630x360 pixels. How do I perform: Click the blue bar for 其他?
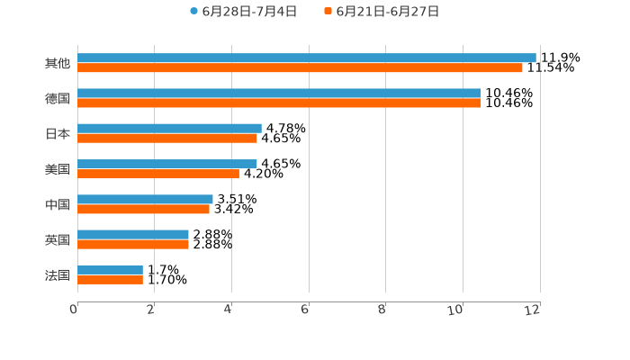[x=306, y=58]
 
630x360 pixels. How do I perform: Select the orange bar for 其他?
[x=300, y=68]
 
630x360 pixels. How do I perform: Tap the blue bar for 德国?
[x=279, y=94]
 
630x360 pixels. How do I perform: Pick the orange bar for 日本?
[x=167, y=139]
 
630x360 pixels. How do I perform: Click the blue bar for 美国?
[x=167, y=165]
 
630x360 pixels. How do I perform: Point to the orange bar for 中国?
[x=143, y=209]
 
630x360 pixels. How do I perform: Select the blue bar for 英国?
[x=133, y=235]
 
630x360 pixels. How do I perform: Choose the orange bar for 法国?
[x=110, y=280]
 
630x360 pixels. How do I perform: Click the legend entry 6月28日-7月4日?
[x=243, y=12]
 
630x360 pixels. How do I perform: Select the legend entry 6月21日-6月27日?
[x=382, y=12]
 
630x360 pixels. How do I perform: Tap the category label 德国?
[x=58, y=98]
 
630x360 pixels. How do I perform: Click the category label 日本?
[x=58, y=133]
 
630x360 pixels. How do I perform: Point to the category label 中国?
[x=58, y=204]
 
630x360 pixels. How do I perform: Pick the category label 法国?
[x=58, y=274]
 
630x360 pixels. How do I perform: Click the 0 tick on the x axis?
[x=74, y=310]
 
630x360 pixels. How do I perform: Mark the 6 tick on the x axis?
[x=305, y=310]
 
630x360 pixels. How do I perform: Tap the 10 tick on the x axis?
[x=459, y=310]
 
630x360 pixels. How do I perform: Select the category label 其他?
[x=58, y=63]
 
